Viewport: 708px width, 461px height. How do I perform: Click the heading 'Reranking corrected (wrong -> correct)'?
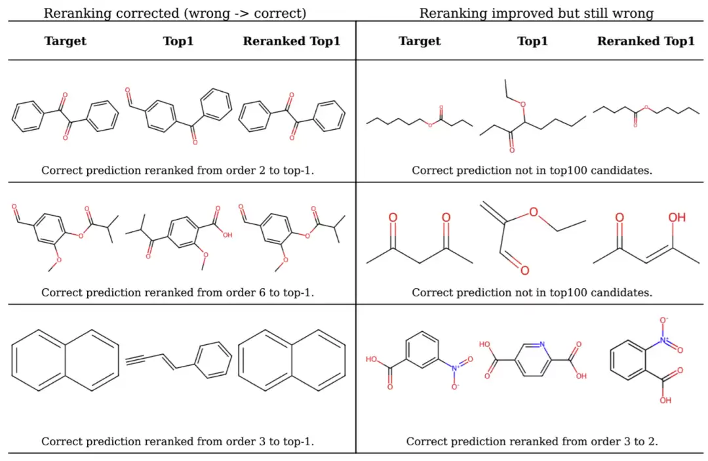175,13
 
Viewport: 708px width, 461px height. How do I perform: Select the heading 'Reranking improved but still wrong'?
536,13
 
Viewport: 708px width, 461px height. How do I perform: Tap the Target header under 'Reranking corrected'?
66,41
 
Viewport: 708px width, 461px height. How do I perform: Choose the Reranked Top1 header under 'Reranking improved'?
646,41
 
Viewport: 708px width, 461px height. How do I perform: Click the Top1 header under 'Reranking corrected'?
178,41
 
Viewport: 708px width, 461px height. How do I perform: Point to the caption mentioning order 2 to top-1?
178,170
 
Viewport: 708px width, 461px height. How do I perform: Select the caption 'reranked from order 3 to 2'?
581,441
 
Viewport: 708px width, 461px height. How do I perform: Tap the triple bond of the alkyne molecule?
136,359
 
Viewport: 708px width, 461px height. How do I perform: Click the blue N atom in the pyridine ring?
542,344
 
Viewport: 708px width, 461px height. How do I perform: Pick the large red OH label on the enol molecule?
677,218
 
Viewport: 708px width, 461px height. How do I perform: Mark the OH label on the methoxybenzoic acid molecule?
227,235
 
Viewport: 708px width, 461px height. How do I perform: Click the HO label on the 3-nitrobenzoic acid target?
371,359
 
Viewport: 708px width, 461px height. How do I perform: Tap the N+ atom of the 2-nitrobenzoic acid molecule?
663,340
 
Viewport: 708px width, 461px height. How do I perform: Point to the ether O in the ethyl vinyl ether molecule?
533,212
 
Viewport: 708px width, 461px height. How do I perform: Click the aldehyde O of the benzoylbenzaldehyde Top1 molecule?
128,90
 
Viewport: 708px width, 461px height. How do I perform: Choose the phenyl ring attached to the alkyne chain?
213,360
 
